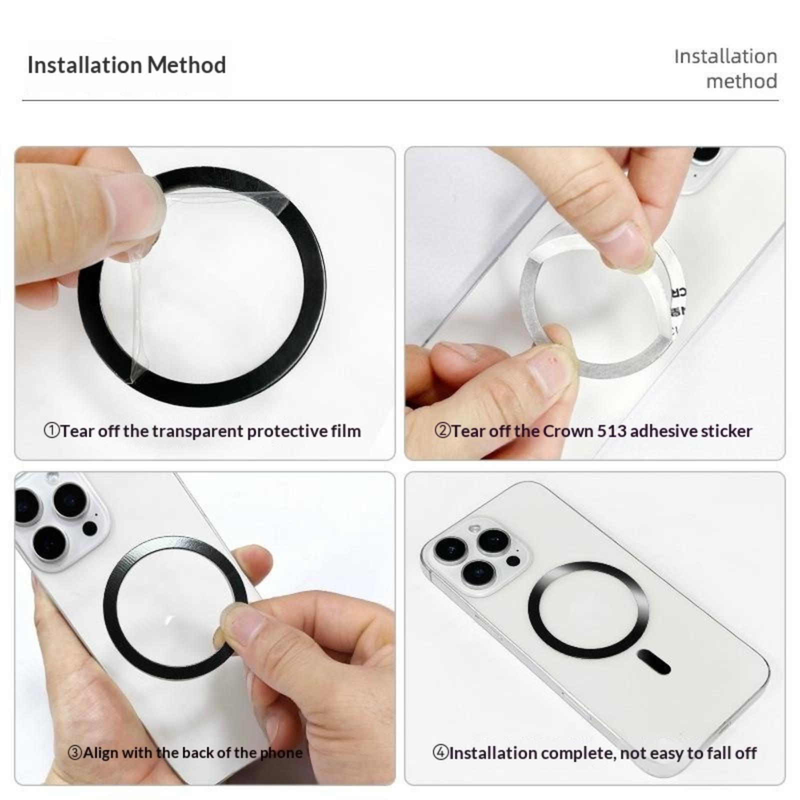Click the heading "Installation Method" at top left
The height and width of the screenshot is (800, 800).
(126, 65)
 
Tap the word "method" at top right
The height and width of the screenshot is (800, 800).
(741, 81)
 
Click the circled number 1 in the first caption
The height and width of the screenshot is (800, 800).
(52, 430)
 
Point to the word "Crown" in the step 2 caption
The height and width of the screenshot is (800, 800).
(567, 431)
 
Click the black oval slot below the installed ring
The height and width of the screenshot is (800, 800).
(654, 662)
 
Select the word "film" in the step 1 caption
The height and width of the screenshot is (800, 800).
(345, 430)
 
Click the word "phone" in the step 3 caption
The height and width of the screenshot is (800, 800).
(280, 753)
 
